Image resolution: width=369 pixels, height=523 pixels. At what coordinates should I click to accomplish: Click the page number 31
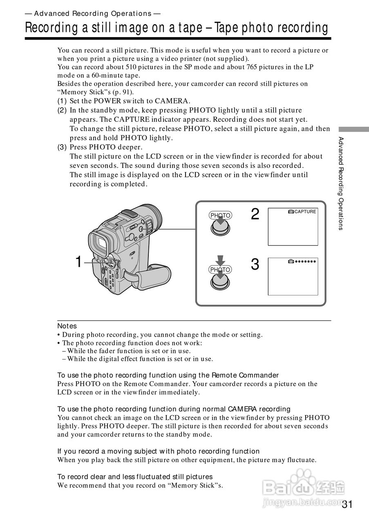(x=347, y=504)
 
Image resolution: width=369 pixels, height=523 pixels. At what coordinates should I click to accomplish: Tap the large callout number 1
(x=79, y=262)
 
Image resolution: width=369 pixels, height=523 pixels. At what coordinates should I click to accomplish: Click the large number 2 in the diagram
(x=255, y=214)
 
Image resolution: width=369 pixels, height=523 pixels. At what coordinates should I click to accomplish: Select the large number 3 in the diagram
(x=255, y=265)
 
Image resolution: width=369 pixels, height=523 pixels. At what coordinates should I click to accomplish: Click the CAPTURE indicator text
(x=305, y=212)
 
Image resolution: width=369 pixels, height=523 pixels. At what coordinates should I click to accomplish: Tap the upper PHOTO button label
(x=220, y=215)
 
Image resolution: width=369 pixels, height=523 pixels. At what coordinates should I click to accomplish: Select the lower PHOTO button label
(x=220, y=269)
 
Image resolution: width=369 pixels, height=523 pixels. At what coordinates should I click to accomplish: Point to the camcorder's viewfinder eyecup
(x=99, y=244)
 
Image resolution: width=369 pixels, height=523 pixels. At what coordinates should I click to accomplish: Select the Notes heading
(x=67, y=326)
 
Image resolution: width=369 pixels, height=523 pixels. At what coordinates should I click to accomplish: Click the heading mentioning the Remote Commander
(x=168, y=375)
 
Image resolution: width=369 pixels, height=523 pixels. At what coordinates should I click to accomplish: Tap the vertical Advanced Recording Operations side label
(x=340, y=183)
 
